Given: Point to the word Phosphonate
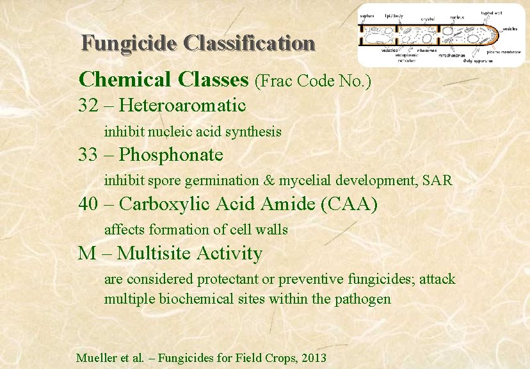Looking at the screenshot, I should coord(171,154).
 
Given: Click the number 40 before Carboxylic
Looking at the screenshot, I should coord(90,204).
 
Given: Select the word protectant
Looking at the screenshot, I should coord(228,279).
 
